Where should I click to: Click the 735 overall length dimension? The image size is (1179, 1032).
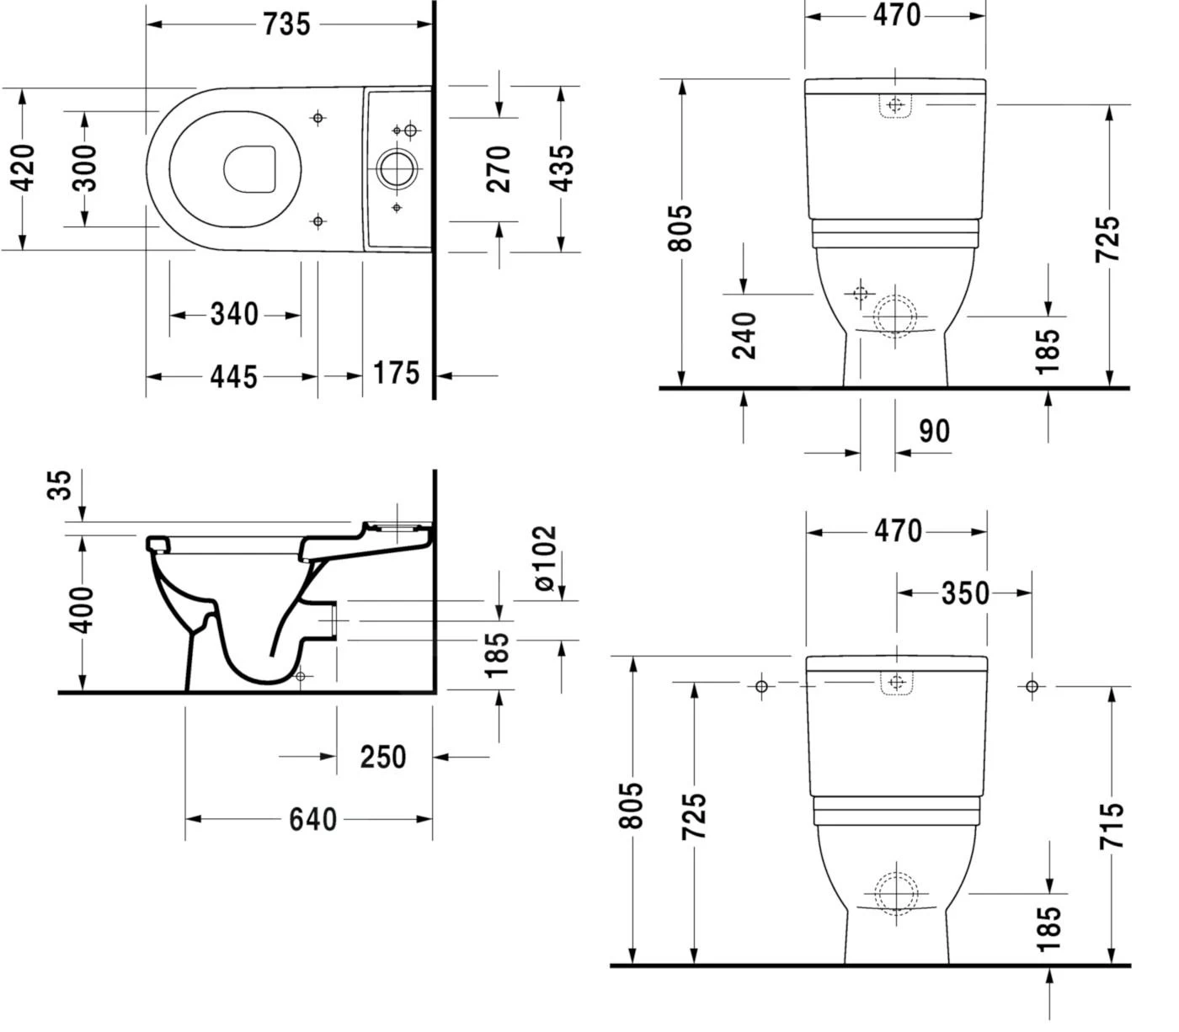pos(286,24)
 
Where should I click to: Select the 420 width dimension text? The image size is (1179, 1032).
pos(24,168)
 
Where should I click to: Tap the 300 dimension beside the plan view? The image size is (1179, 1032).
pos(85,168)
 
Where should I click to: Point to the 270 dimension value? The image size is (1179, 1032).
pos(499,168)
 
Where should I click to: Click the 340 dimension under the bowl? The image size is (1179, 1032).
pos(234,315)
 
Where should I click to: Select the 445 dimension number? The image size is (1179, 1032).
pos(233,376)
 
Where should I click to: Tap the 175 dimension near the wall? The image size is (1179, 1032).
pos(396,373)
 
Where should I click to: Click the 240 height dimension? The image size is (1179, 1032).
pos(744,335)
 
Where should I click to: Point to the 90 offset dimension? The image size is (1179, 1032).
pos(934,431)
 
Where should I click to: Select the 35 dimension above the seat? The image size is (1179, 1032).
pos(61,486)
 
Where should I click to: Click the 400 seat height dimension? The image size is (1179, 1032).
pos(82,610)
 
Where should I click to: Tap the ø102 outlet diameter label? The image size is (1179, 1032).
pos(545,557)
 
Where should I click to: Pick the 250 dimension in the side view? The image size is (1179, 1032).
pos(383,757)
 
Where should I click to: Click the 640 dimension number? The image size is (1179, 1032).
pos(312,819)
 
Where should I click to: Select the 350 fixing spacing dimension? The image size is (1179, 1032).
pos(965,593)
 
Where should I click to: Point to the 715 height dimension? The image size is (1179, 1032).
pos(1112,825)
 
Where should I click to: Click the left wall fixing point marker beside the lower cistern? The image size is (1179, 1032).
pos(761,687)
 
